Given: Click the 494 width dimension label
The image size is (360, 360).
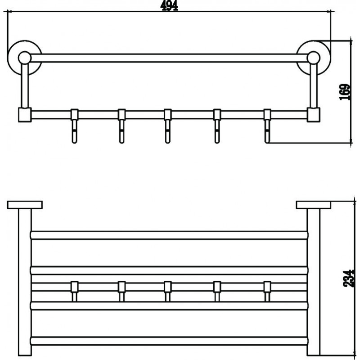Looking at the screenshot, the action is [x=169, y=6].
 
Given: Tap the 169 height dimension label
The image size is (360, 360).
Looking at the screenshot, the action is [x=345, y=92].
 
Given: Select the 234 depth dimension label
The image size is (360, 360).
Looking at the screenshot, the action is [x=348, y=278].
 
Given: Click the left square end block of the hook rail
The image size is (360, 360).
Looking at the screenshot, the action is [x=25, y=115].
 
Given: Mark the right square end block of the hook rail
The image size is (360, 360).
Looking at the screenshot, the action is [x=313, y=115].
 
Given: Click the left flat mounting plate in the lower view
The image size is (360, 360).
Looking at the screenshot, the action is [x=25, y=205].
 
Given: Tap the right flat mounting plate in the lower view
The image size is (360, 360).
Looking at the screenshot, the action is [x=314, y=205].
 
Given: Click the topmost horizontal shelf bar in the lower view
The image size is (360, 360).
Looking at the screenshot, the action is [x=169, y=235].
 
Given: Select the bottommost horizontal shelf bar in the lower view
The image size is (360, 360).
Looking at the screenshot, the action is [x=169, y=341].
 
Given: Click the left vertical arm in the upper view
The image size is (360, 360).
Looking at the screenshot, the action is [x=25, y=85].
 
